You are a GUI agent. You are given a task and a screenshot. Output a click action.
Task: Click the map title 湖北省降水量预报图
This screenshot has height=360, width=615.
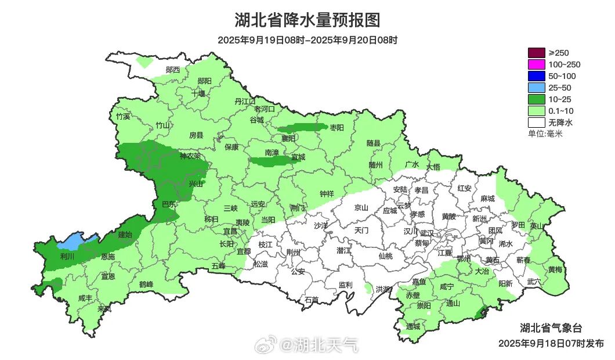[x=307, y=20]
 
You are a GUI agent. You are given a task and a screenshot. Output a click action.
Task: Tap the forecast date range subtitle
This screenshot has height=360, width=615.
[x=307, y=40]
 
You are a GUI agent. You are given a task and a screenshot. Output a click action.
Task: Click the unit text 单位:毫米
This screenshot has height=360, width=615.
[x=545, y=134]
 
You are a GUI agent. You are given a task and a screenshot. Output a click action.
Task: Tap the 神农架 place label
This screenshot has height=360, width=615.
[x=190, y=156]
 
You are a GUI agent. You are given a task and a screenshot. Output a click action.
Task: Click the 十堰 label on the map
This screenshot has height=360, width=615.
[x=198, y=93]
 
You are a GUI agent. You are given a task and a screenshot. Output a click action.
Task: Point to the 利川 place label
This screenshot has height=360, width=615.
[x=67, y=256]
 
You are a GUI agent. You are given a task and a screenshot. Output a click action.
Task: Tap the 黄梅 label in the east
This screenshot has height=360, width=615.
[x=555, y=269]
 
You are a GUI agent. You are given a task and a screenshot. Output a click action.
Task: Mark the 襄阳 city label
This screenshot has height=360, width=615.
[x=288, y=138]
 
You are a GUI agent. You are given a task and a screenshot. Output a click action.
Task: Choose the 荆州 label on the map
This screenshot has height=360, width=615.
[x=294, y=253]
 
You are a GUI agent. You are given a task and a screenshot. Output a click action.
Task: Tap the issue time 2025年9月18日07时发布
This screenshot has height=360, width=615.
[x=551, y=343]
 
